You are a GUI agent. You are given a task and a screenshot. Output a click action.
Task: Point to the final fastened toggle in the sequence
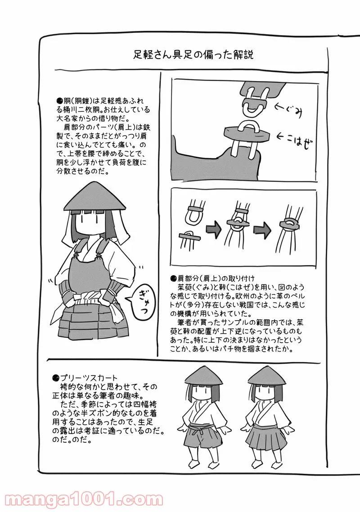288,225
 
